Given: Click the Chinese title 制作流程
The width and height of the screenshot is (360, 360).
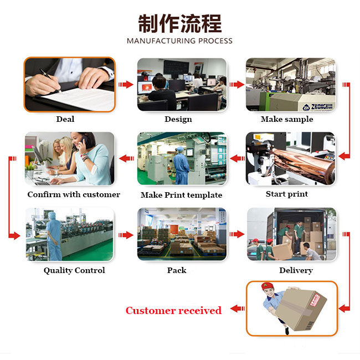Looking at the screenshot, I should [x=179, y=24].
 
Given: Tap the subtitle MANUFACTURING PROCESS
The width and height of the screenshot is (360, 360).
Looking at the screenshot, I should [x=179, y=41].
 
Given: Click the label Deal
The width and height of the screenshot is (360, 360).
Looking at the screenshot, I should [x=65, y=119].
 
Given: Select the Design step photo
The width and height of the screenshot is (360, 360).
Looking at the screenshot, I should [x=182, y=84].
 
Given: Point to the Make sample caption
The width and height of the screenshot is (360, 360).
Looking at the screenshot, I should [x=287, y=119].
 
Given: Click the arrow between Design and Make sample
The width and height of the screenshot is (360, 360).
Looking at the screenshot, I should [x=236, y=85].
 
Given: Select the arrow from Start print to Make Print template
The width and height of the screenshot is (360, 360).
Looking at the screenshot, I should [x=237, y=159].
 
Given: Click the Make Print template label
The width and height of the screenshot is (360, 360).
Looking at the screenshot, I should [x=181, y=195].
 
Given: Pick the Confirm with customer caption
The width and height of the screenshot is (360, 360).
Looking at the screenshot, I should [x=74, y=194].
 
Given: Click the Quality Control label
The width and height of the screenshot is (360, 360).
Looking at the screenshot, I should [x=74, y=270].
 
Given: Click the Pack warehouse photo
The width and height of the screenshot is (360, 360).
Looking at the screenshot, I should [x=182, y=235].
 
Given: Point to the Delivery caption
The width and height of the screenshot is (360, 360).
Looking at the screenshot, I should [x=296, y=270].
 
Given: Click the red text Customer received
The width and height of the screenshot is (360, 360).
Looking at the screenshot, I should [x=173, y=310].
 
